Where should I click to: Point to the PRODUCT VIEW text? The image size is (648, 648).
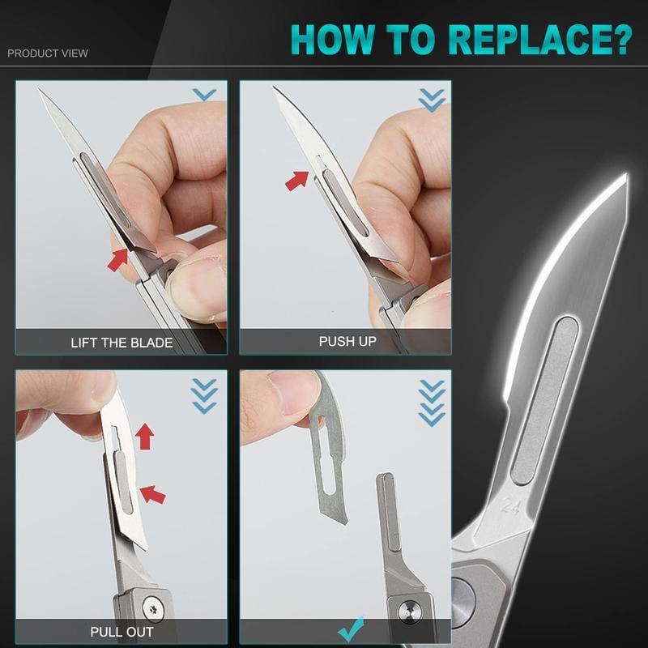(48, 53)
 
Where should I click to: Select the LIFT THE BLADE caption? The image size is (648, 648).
(122, 342)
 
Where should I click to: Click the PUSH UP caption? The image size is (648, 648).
(347, 341)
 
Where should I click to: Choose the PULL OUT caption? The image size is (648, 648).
(122, 631)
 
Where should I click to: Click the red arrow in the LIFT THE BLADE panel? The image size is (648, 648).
(118, 260)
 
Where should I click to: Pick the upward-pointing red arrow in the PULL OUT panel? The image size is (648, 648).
(145, 436)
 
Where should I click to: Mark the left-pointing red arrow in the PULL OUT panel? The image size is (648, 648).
(151, 492)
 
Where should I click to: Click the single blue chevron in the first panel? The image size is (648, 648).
(204, 95)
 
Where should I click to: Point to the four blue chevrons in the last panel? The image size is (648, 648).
(432, 402)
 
